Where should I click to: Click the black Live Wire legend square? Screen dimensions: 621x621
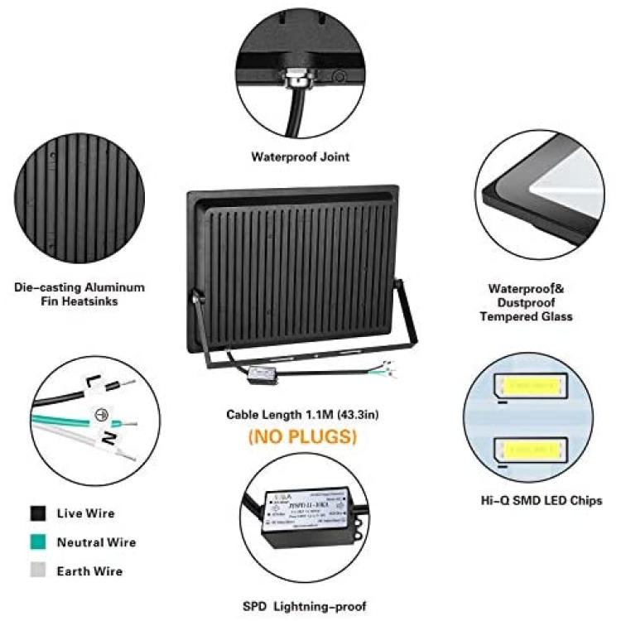click(37, 513)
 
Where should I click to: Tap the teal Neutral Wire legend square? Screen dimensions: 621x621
click(37, 542)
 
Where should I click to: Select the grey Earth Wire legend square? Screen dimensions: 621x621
click(37, 571)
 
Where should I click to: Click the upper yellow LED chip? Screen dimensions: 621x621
click(530, 386)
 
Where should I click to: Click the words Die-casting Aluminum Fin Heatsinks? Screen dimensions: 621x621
click(79, 294)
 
